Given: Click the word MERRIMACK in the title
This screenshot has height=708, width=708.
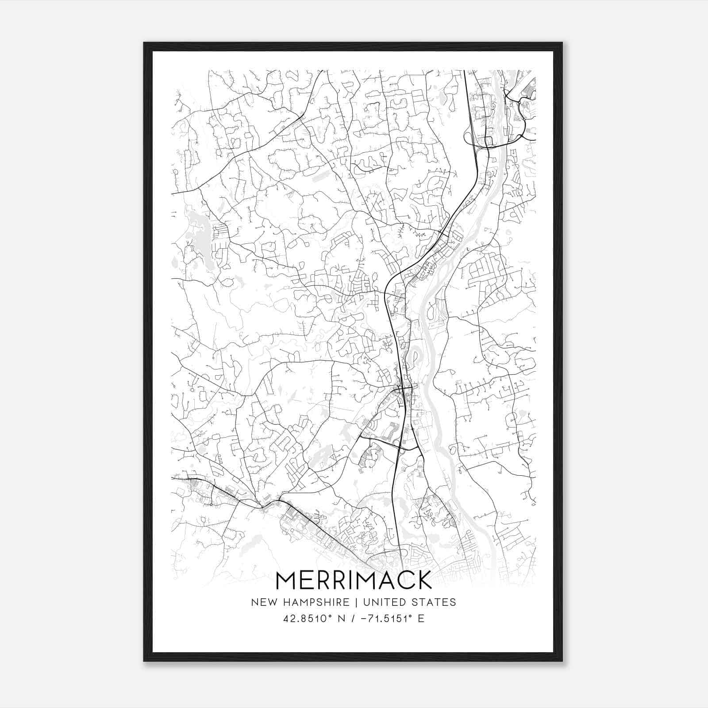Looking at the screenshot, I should (x=354, y=580).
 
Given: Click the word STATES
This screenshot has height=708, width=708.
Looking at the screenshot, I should (x=435, y=602).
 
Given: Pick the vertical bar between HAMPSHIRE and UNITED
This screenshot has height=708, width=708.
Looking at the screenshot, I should (x=359, y=602).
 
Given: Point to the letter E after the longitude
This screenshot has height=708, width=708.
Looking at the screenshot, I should (x=421, y=618).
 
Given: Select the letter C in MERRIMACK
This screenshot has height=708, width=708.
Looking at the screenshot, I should (x=404, y=580).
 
